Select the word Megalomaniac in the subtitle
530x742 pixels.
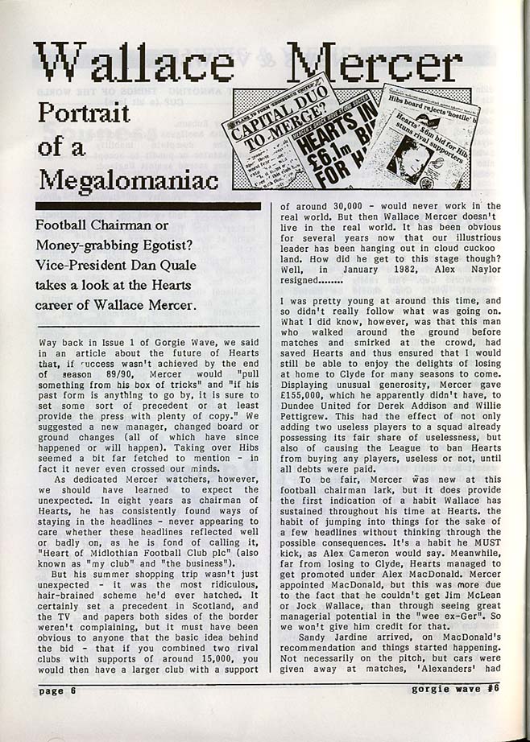coord(128,178)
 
